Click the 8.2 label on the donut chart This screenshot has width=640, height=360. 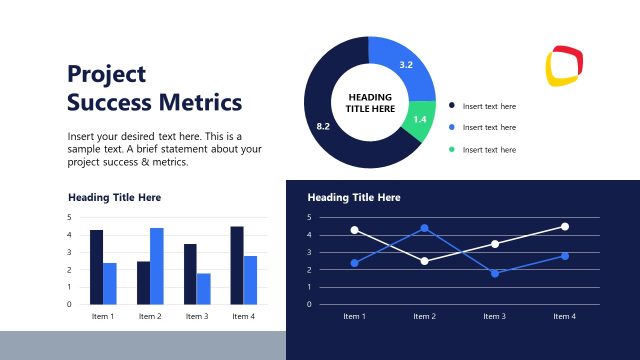pos(323,126)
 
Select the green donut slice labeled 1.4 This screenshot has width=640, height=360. pos(421,119)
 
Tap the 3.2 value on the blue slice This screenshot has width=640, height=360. pos(406,65)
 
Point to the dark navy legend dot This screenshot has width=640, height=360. pos(452,105)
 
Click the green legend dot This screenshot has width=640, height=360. pos(452,149)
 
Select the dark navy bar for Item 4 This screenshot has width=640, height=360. pos(237,265)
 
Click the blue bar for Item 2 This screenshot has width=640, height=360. pos(157,266)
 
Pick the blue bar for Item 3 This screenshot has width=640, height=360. pos(203,288)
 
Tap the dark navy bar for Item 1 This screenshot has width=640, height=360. pos(97,267)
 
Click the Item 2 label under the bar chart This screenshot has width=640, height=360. pos(150,317)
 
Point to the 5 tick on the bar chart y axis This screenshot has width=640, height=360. pos(70,217)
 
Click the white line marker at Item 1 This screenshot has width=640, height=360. pos(354,230)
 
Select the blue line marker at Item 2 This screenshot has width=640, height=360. pos(424,228)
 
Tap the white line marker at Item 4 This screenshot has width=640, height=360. pos(564,226)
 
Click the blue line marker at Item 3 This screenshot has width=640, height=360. pos(494,273)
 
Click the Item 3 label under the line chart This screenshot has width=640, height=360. pos(494,316)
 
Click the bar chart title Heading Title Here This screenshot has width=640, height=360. pos(114,197)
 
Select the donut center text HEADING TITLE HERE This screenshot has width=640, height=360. pos(369,102)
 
